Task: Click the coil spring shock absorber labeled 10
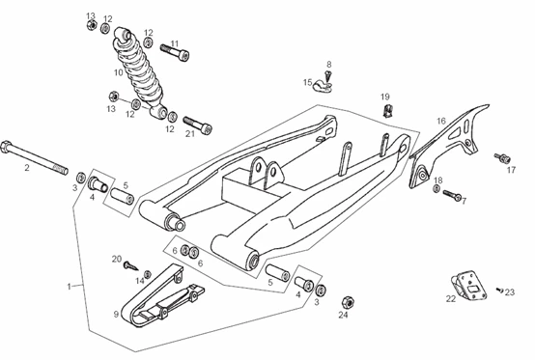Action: [138, 71]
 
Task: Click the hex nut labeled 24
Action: [348, 302]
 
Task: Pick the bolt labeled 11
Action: [175, 52]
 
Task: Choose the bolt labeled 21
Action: [198, 125]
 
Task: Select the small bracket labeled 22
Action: [468, 286]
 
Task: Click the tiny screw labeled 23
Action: [499, 291]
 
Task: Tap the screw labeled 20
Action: [130, 264]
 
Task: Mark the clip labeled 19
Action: [387, 111]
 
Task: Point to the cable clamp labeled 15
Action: [323, 86]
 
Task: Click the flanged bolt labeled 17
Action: [502, 158]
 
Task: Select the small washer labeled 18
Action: [436, 188]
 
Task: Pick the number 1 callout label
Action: [70, 287]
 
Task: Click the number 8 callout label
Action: [329, 64]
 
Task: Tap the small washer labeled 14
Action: [148, 274]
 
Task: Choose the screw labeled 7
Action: [452, 195]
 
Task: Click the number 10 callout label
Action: [119, 72]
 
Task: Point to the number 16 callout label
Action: [441, 121]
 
